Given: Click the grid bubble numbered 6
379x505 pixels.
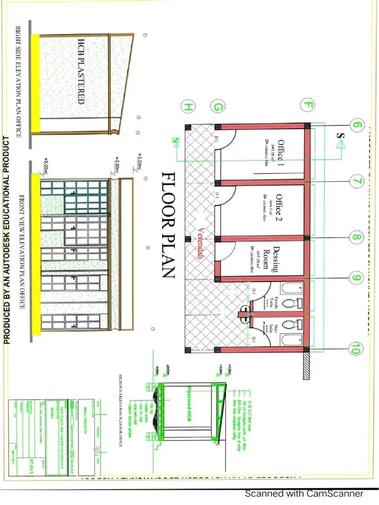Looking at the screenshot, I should (x=358, y=125).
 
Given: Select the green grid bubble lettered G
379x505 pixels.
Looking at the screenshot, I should (x=218, y=107).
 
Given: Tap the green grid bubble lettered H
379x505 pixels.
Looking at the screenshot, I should (x=188, y=106).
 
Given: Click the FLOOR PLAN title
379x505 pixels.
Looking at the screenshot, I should (x=169, y=225).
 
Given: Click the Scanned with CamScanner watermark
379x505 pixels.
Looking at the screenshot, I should (x=304, y=494).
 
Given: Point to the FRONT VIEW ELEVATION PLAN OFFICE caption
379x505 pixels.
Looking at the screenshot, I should (x=22, y=252).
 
